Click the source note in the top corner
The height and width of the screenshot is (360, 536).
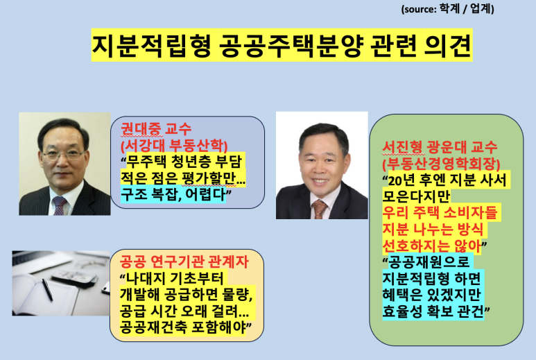[447, 8]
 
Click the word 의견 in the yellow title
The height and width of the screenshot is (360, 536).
[448, 45]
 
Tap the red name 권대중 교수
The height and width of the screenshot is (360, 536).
[156, 129]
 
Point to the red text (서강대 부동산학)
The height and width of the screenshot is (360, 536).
[174, 145]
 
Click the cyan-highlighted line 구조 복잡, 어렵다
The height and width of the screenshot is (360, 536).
[173, 194]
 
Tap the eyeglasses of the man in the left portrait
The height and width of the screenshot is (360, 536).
[64, 155]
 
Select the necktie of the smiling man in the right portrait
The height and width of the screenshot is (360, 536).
[320, 209]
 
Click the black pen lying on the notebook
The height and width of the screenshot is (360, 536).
[47, 290]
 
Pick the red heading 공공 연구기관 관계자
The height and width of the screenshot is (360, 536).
[184, 262]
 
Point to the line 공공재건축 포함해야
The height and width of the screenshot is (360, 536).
[183, 327]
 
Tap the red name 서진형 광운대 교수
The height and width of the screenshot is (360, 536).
[440, 147]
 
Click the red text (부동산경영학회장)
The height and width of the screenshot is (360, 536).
[441, 164]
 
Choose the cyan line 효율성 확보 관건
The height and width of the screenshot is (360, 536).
[433, 311]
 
